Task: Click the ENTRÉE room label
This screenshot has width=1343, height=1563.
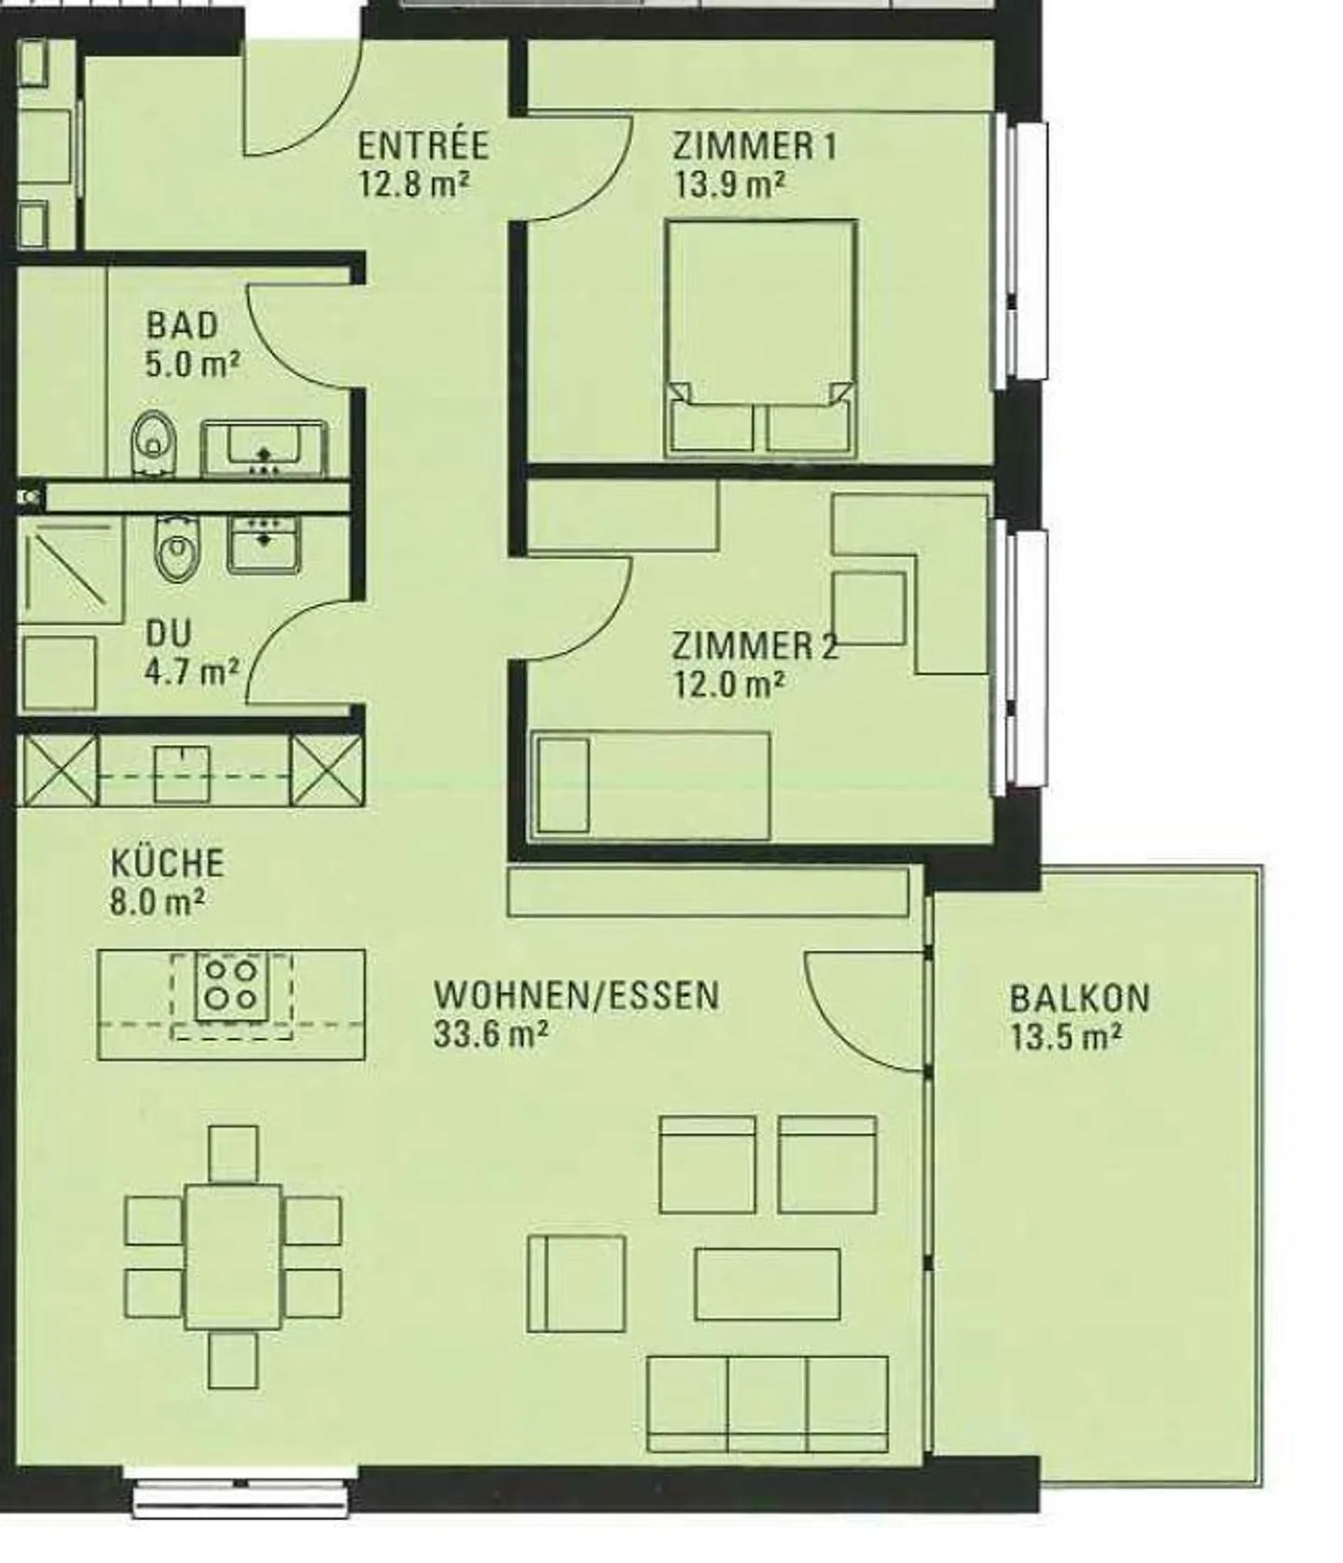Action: pos(422,145)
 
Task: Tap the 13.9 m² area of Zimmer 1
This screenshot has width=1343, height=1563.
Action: pos(729,185)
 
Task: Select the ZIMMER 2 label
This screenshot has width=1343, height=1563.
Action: pos(755,645)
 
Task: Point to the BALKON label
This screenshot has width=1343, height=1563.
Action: pos(1079,998)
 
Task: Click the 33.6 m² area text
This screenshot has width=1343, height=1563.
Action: pos(490,1034)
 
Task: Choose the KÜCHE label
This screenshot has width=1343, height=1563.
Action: pos(167,863)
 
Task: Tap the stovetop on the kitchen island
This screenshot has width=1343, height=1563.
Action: pos(231,986)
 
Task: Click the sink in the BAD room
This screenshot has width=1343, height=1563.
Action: pos(265,448)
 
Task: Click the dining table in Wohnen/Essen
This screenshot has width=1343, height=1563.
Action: pos(232,1255)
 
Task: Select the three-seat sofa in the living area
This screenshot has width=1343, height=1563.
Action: pos(767,1404)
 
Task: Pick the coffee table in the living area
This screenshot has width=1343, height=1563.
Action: pos(767,1284)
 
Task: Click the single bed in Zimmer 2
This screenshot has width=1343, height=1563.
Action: pos(650,784)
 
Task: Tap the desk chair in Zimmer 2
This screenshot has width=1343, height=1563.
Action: pos(868,607)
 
